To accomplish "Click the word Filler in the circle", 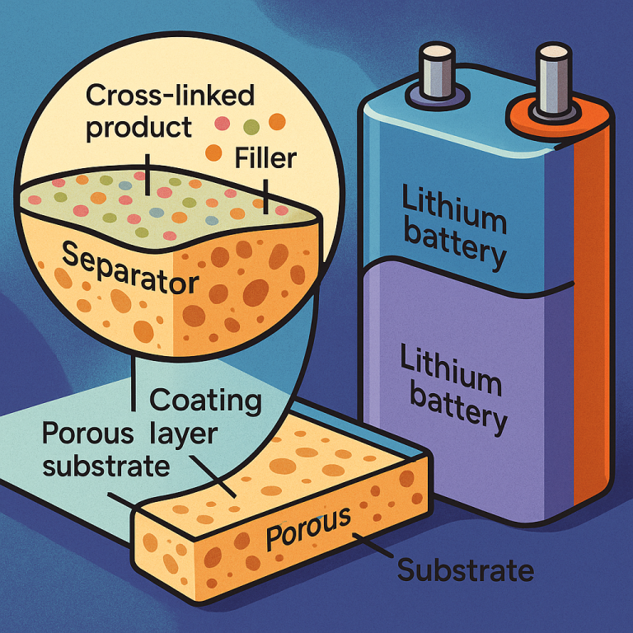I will [265, 155].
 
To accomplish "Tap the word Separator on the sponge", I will [129, 270].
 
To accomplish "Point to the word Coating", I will [205, 402].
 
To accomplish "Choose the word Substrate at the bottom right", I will [466, 569].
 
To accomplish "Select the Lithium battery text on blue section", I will [452, 227].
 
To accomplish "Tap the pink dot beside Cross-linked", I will [221, 124].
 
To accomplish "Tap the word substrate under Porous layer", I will [106, 466].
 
